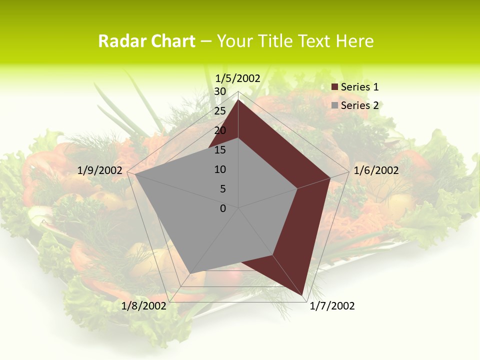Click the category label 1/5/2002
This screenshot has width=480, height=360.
click(x=238, y=78)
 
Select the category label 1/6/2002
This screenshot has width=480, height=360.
click(x=376, y=170)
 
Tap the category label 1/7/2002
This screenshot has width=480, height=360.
click(x=332, y=306)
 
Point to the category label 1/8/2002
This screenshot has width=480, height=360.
click(x=143, y=306)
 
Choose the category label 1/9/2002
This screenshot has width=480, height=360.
click(x=99, y=170)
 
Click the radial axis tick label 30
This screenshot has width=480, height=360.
click(x=220, y=91)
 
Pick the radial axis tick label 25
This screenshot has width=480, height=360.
click(x=220, y=111)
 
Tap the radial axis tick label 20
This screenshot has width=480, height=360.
click(x=220, y=130)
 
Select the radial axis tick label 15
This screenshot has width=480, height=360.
click(x=220, y=150)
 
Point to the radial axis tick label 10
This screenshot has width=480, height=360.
click(x=220, y=169)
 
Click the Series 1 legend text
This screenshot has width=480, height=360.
click(x=359, y=87)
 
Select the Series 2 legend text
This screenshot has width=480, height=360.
click(x=359, y=105)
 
